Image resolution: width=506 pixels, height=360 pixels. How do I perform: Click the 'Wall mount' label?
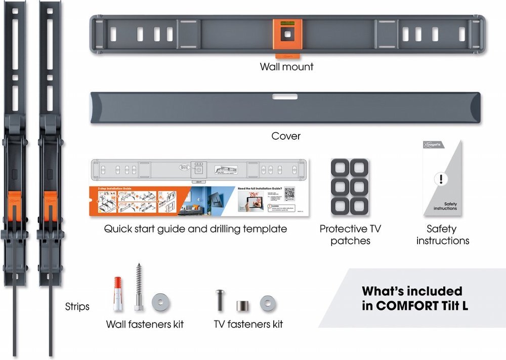(286, 66)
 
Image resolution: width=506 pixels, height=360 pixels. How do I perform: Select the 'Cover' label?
(286, 136)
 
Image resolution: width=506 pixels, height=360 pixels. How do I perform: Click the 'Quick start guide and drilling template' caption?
(195, 229)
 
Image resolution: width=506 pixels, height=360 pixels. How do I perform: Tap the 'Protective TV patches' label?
(350, 235)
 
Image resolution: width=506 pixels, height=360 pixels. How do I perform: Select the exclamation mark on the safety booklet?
(441, 179)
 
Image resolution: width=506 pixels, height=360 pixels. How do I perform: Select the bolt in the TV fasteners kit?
(221, 300)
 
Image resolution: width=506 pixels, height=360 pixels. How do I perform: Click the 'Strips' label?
(77, 306)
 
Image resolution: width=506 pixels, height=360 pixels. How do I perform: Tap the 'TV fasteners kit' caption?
(247, 324)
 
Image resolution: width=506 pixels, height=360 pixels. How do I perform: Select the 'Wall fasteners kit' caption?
(145, 324)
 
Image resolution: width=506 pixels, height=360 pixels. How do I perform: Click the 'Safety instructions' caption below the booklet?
(443, 235)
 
